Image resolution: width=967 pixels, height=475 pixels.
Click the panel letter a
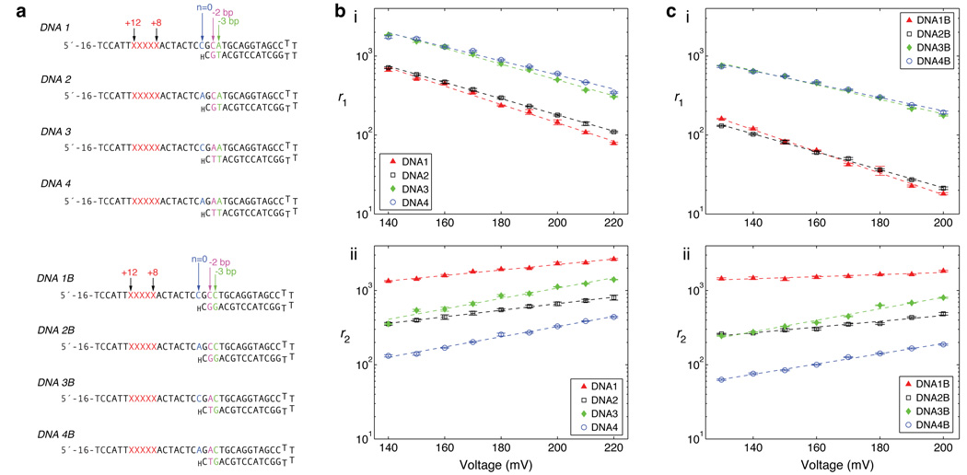pyautogui.click(x=7, y=8)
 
